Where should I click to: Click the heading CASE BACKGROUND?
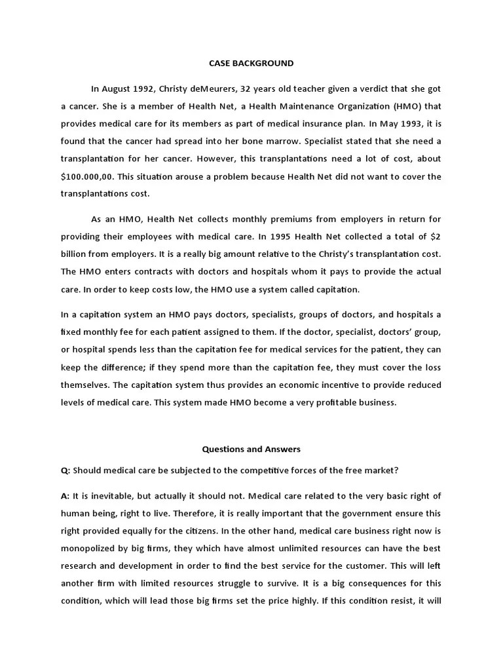click(251, 64)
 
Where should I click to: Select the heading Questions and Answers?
click(251, 450)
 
